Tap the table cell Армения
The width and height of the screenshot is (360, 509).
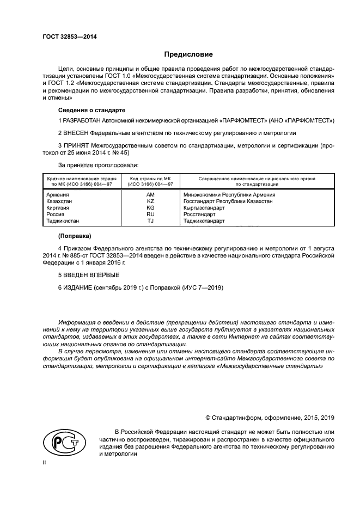(58, 194)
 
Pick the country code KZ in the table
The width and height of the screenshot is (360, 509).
(151, 201)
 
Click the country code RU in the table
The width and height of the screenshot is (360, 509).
(151, 214)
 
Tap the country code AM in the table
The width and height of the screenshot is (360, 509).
(151, 194)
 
